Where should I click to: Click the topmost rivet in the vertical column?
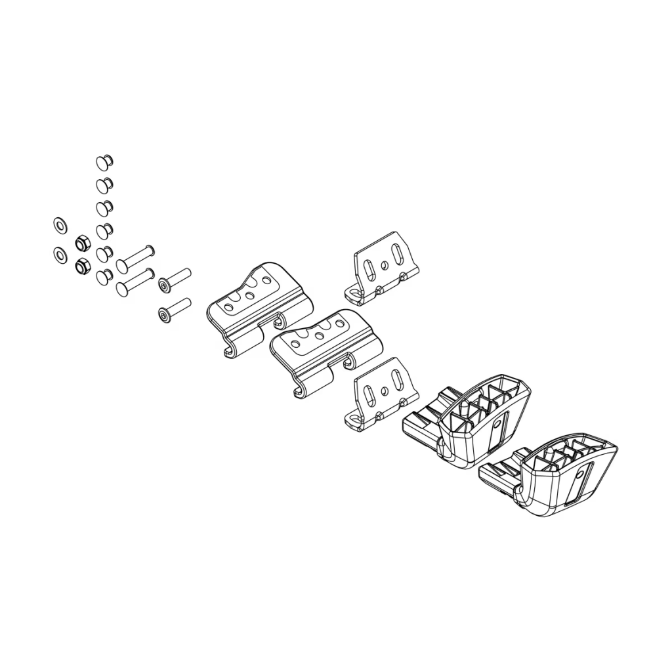coord(104,160)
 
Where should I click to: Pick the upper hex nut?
coord(83,243)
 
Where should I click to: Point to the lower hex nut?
coord(83,266)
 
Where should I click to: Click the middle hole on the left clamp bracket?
coord(249,295)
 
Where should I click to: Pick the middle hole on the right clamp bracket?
coord(319,336)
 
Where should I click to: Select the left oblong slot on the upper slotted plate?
coord(371,270)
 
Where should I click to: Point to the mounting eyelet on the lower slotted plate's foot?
coord(355,418)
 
